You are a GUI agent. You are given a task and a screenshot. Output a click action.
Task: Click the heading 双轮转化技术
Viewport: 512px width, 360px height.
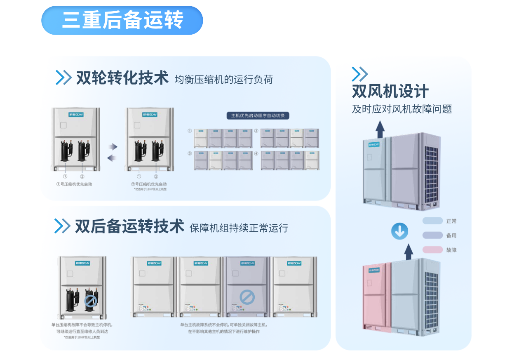tap(122, 78)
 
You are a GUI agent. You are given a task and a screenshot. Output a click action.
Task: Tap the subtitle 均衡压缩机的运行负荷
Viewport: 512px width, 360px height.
tap(223, 79)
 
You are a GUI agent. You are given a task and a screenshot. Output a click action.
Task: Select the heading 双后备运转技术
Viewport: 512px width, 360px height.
tap(129, 226)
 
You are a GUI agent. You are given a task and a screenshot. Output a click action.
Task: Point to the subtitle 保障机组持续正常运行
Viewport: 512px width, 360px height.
tap(239, 228)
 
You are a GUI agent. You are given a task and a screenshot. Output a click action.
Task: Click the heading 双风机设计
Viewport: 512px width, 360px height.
tap(390, 92)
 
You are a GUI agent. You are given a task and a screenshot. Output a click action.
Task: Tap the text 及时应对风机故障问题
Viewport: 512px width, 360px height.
tap(402, 109)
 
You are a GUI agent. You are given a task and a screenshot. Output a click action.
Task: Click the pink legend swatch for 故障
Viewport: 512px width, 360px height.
tap(432, 250)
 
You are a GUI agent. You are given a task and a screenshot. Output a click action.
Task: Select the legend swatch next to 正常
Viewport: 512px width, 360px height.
tap(432, 221)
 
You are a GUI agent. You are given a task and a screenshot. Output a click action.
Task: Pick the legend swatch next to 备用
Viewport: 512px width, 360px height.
tap(432, 235)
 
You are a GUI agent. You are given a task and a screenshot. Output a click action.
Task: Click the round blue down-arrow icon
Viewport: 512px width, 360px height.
tap(399, 232)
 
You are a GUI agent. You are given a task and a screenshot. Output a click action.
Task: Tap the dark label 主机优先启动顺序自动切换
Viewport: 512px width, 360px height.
tap(258, 115)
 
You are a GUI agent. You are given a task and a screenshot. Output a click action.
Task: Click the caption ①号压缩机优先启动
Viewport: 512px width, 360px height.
tap(74, 184)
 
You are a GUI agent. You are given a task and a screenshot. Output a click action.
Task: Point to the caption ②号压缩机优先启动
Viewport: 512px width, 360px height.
tap(149, 184)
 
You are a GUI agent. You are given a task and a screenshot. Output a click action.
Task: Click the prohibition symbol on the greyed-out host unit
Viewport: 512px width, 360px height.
tap(247, 296)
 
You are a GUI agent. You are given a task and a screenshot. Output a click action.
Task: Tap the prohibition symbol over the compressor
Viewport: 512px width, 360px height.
tap(90, 301)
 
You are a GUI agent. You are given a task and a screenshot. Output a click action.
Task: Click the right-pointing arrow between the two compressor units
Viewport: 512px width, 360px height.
tap(113, 146)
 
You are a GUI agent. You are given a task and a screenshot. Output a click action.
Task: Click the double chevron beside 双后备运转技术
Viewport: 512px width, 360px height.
tap(62, 226)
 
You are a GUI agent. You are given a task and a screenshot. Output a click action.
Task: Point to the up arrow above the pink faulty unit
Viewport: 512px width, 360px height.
tap(408, 252)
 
